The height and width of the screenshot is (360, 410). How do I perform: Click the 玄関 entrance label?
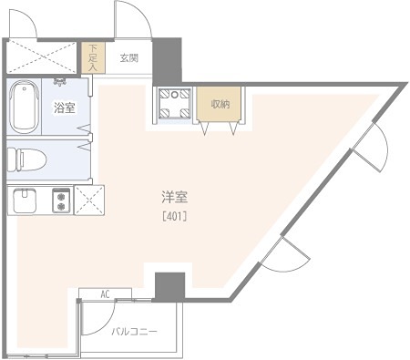[128, 59]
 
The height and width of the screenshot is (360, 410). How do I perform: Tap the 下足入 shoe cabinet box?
[91, 59]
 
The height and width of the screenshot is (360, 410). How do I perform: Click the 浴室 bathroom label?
[64, 108]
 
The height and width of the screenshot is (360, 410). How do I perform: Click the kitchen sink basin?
[24, 199]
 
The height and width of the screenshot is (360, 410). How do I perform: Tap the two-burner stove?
[62, 199]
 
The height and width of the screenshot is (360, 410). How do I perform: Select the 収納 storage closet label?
[220, 104]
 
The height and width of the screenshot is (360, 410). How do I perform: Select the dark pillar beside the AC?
[169, 286]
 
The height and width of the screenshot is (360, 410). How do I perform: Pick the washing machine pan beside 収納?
[173, 104]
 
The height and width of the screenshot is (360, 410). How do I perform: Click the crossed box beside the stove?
[89, 199]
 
